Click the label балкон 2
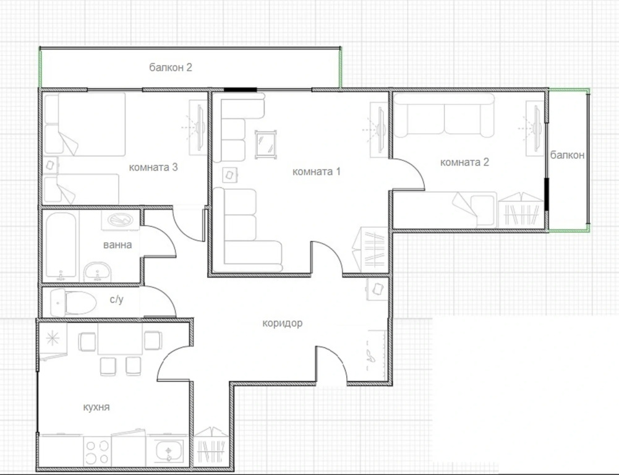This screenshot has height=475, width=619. (171, 67)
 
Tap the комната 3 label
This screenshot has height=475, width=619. (153, 168)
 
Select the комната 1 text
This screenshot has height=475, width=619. (316, 172)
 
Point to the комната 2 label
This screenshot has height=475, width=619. (464, 162)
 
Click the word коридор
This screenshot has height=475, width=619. (282, 323)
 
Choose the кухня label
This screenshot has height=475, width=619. (96, 408)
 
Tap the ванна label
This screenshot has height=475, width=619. (117, 245)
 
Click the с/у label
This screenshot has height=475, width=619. (116, 300)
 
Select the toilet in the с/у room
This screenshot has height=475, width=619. (74, 303)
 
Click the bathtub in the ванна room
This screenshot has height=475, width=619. (61, 246)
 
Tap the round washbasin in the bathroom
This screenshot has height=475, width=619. (97, 272)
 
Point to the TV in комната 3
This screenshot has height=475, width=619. (200, 127)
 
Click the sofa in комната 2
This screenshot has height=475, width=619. (444, 115)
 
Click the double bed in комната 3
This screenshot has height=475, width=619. (85, 124)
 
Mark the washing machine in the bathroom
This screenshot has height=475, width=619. (121, 220)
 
